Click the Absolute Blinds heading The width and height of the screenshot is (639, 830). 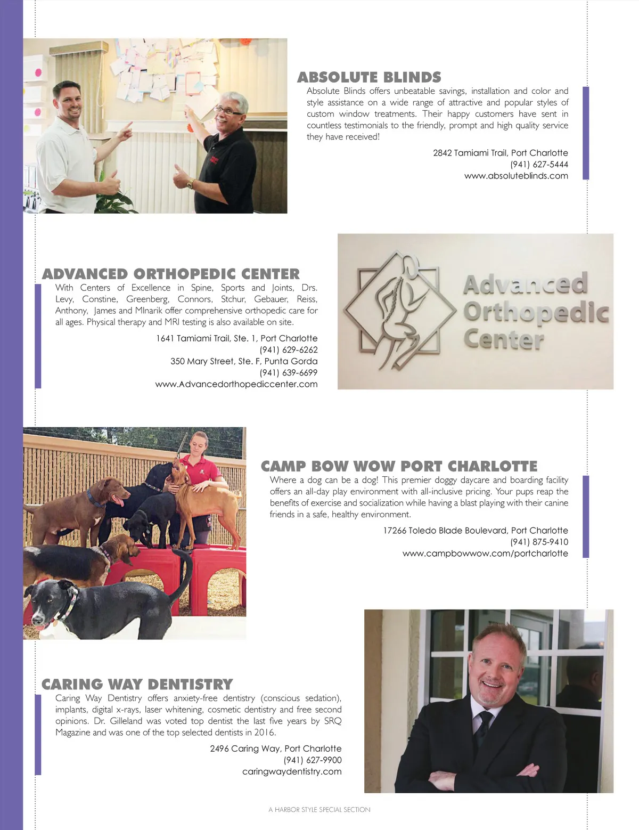click(369, 78)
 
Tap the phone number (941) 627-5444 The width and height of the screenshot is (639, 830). click(539, 165)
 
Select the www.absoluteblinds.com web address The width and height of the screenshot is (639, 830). click(516, 176)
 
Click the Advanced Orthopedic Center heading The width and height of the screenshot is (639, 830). click(171, 274)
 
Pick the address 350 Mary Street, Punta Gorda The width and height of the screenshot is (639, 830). click(244, 361)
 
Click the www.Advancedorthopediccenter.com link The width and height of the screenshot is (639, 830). click(236, 385)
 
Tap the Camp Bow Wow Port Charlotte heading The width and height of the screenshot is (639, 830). click(399, 467)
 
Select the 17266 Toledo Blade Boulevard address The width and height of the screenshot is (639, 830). click(476, 531)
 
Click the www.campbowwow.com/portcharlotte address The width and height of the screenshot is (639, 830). click(485, 554)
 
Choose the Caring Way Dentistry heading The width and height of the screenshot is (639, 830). click(137, 685)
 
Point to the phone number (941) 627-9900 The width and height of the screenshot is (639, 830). click(313, 760)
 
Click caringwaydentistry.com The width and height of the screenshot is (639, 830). click(292, 772)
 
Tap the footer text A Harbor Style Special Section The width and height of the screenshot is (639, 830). click(319, 810)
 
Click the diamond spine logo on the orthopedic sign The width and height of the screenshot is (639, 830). click(400, 311)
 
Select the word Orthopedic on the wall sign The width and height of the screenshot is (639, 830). click(536, 312)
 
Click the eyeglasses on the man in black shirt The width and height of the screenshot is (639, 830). click(228, 111)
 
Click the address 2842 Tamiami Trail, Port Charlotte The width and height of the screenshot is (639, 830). click(500, 153)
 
